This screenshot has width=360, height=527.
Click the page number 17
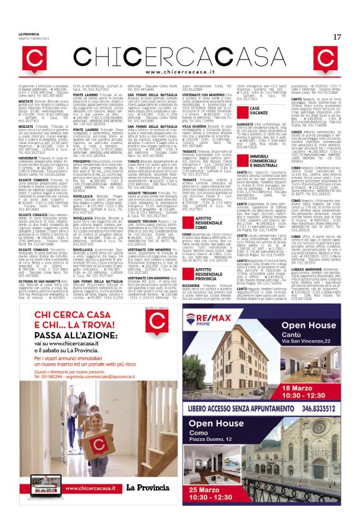337,37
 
